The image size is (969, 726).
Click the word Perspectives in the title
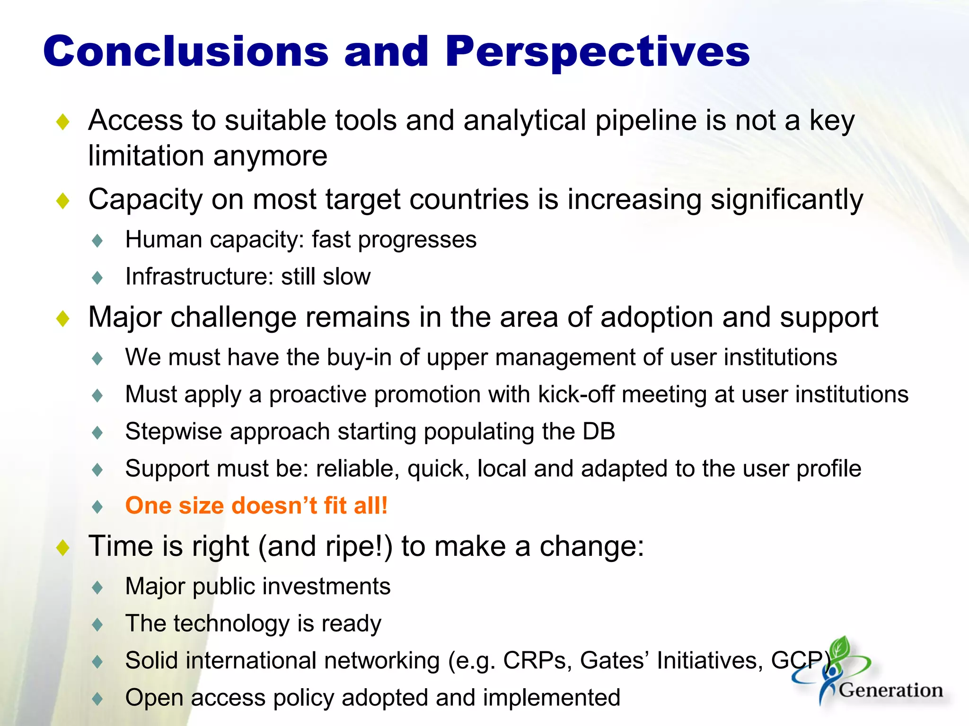[597, 52]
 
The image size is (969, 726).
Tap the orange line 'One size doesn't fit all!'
[256, 505]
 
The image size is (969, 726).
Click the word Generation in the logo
[891, 690]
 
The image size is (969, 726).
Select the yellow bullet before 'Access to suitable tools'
[62, 122]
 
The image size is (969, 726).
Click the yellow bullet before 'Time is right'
[62, 548]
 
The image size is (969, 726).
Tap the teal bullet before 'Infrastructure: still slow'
[97, 277]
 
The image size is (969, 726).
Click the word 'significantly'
[787, 199]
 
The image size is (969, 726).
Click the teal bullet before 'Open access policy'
[97, 699]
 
